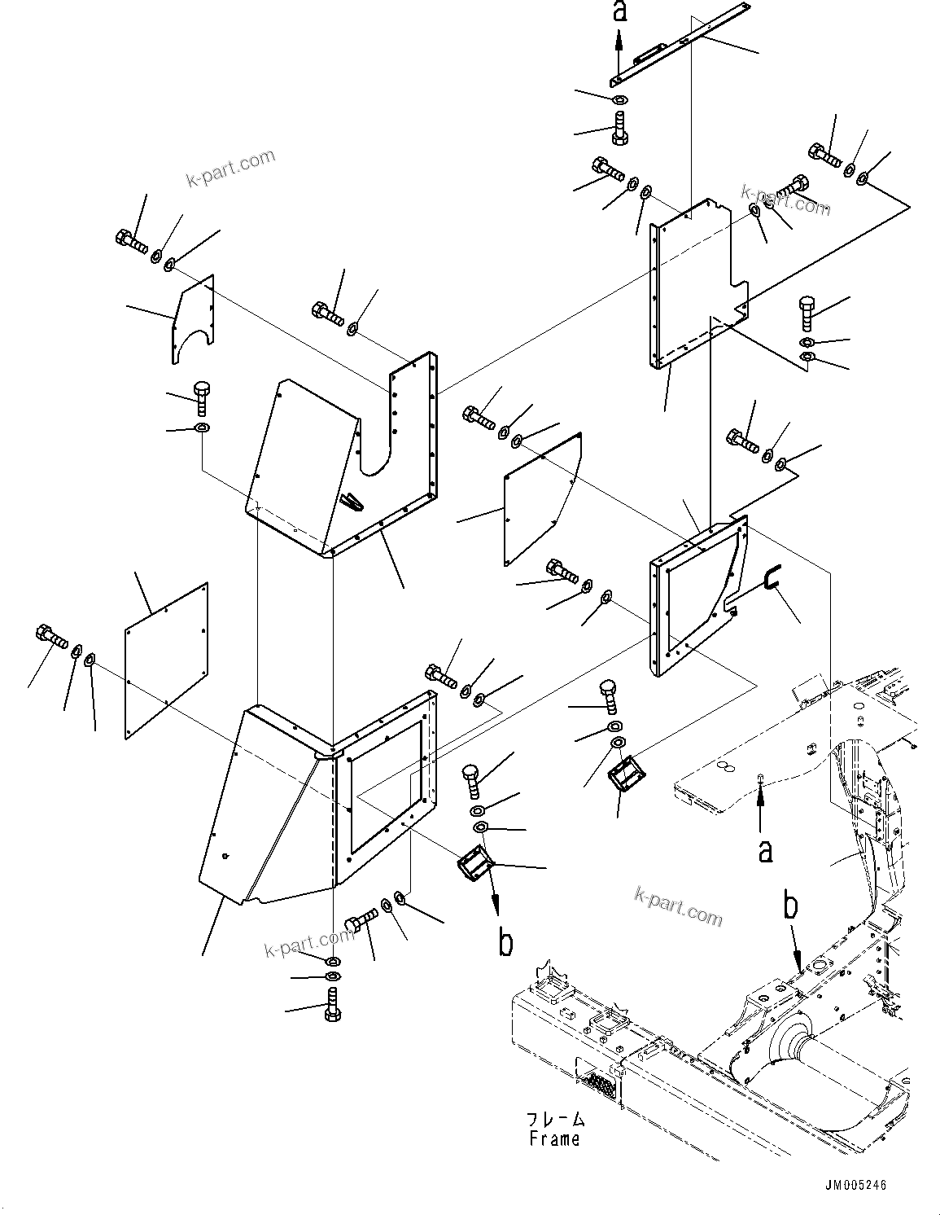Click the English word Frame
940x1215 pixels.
click(554, 1138)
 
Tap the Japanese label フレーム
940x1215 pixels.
click(554, 1119)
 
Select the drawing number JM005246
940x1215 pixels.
click(850, 1186)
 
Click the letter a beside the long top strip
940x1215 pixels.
click(619, 11)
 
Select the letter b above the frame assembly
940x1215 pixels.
click(789, 906)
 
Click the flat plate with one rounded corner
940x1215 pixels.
click(541, 497)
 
